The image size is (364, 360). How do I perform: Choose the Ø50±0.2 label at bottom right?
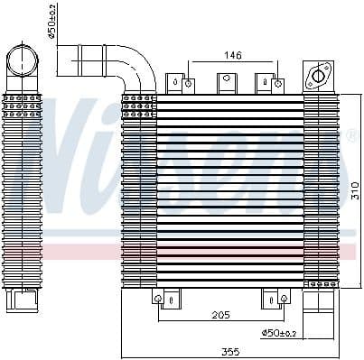279,334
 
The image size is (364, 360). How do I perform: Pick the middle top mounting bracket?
226,82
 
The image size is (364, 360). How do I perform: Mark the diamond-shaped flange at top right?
319,76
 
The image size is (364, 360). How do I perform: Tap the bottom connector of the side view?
25,298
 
